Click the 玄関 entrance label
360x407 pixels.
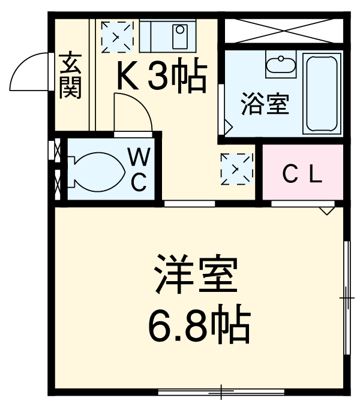tap(70, 76)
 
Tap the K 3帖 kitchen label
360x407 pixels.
tap(161, 76)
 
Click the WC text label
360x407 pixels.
tap(139, 171)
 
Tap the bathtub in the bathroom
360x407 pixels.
tap(322, 93)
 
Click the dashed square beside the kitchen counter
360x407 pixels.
tap(116, 36)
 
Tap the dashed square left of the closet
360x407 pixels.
tap(236, 168)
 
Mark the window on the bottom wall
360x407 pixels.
tap(221, 393)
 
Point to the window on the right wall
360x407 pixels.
tap(346, 297)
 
